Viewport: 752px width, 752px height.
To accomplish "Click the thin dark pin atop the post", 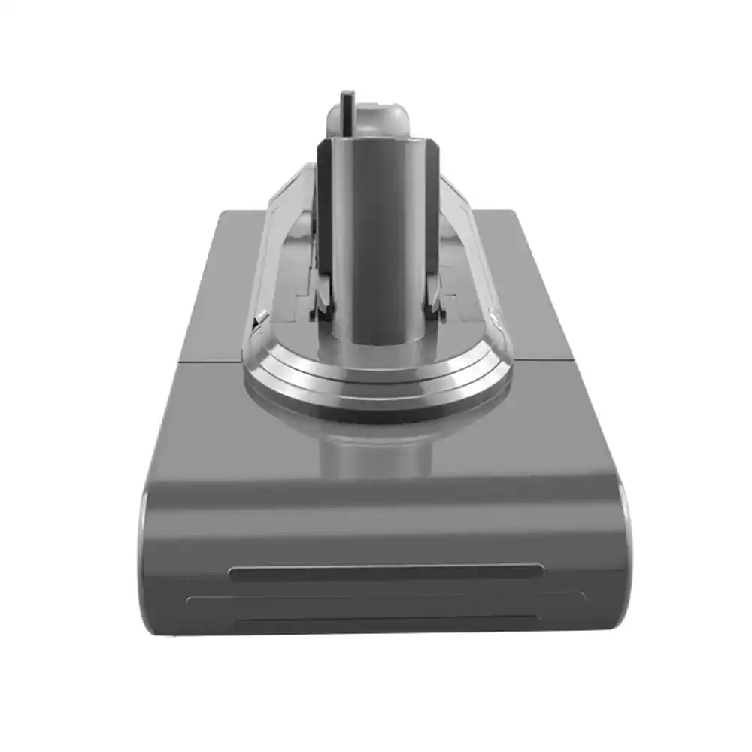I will point(347,113).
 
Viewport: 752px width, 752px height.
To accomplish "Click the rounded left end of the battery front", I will point(144,556).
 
